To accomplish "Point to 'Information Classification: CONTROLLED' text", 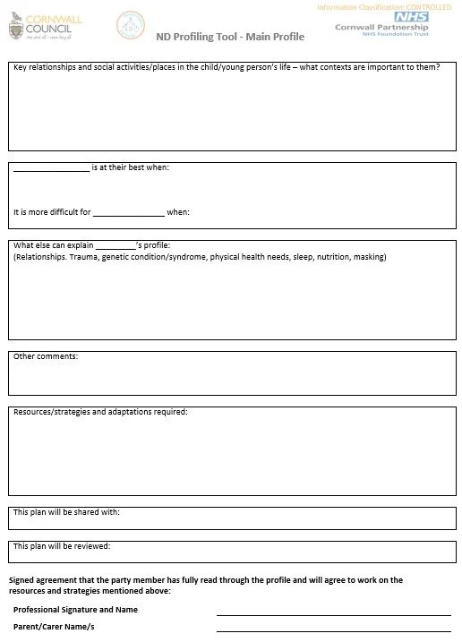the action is click(384, 7).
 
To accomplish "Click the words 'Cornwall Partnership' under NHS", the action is click(381, 28).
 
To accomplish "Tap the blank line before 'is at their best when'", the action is click(51, 168).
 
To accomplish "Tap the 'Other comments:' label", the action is click(46, 356).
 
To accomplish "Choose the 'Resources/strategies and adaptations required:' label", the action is click(100, 412).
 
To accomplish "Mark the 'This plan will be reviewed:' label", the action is click(62, 545).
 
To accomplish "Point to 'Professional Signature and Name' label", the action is click(75, 610).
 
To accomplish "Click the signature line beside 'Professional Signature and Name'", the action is click(333, 614).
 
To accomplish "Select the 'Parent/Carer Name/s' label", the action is click(54, 627).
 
